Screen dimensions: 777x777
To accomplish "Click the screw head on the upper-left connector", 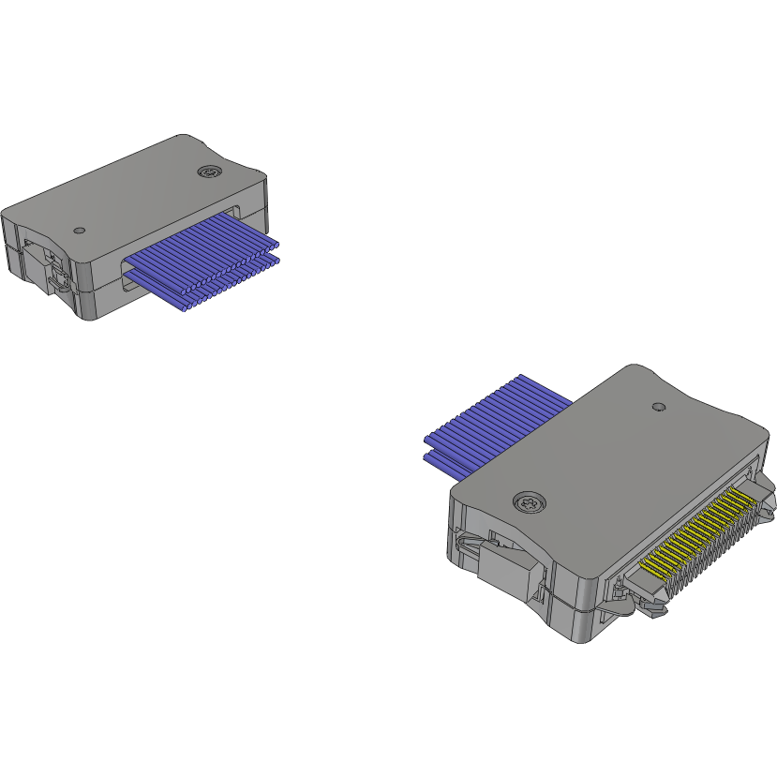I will pyautogui.click(x=209, y=172).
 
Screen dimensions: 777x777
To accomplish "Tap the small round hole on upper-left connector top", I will pyautogui.click(x=80, y=230).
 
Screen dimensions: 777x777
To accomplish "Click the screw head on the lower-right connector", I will pyautogui.click(x=529, y=503).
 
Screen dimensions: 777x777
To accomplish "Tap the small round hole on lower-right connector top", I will pyautogui.click(x=658, y=408).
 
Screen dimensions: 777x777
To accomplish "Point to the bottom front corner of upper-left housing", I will pyautogui.click(x=90, y=315).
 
